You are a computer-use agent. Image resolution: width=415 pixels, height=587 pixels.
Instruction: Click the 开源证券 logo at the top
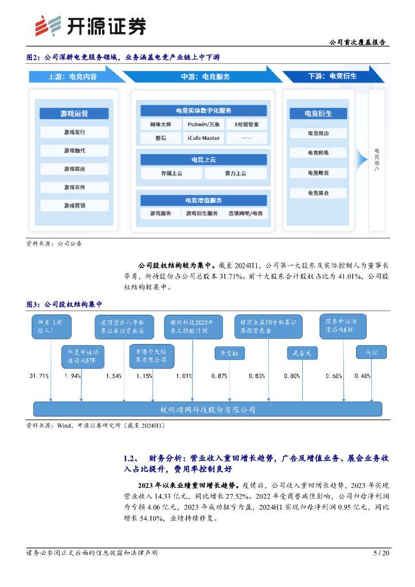click(x=90, y=26)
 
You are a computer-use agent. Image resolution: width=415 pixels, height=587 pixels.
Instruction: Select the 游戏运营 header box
click(x=74, y=114)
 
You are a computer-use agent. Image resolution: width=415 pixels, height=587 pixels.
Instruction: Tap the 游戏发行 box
click(x=74, y=132)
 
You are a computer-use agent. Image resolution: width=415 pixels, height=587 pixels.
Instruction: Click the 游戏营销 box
click(x=74, y=205)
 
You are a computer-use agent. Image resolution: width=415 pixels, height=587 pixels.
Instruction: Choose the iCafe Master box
click(x=203, y=138)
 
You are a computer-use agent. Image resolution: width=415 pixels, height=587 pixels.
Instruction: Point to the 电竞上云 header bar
click(x=203, y=159)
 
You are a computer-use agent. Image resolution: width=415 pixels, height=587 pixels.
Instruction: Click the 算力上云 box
click(x=235, y=173)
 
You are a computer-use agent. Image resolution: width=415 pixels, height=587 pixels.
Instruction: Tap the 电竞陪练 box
click(x=318, y=153)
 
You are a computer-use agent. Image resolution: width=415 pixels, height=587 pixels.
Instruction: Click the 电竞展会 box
click(x=318, y=193)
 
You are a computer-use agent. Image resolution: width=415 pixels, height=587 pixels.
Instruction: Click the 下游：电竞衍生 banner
click(x=332, y=76)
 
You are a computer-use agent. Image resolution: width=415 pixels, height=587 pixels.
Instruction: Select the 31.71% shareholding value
click(x=39, y=376)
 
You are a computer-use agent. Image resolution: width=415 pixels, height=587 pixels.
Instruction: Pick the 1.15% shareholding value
click(x=144, y=376)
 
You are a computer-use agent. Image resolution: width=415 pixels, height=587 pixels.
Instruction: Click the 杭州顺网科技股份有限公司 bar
click(x=207, y=410)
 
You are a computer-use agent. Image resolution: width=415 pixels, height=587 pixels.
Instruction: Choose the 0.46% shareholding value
click(x=362, y=376)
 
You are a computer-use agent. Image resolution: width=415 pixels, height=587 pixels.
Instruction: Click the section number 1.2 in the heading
click(x=130, y=459)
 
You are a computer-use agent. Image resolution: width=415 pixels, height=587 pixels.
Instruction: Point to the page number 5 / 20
click(x=381, y=553)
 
